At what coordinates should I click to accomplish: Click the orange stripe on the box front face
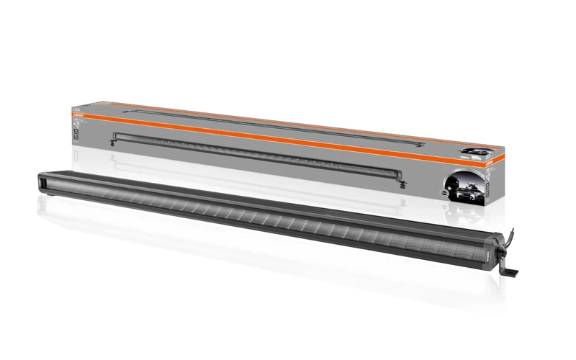[x=274, y=138]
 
